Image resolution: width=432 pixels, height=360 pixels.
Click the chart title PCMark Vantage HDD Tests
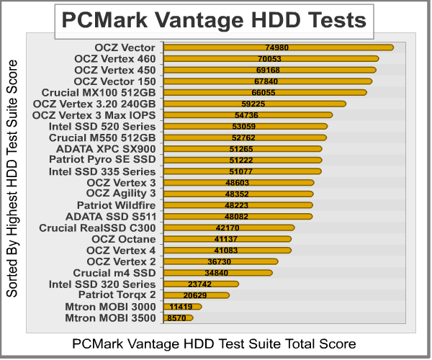(214, 20)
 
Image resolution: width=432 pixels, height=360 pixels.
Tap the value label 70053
(268, 59)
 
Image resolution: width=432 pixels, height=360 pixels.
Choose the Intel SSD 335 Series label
(102, 171)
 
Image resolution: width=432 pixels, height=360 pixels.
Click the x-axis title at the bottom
(214, 343)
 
